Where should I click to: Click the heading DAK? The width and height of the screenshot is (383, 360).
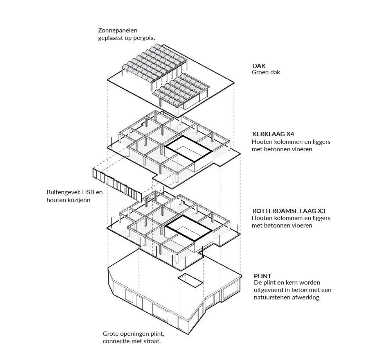(x=259, y=66)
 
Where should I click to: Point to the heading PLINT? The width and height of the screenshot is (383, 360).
(x=262, y=276)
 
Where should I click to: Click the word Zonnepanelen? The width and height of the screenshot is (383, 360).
(x=118, y=30)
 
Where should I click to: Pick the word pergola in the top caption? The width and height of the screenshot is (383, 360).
(x=145, y=38)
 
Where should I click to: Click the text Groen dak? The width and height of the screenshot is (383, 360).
(x=266, y=72)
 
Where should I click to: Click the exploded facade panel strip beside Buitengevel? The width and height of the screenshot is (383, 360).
(x=117, y=184)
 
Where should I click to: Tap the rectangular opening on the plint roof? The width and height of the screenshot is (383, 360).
(x=190, y=279)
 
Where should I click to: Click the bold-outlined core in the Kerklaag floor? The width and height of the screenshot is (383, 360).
(x=189, y=148)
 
